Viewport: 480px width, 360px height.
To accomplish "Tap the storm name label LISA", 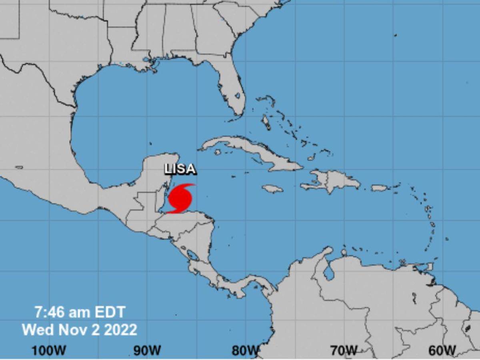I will [x=181, y=169].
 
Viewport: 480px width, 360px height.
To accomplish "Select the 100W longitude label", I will [x=49, y=350].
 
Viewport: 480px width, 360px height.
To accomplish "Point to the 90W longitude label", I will [x=147, y=350].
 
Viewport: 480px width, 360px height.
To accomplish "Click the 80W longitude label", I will [x=245, y=350].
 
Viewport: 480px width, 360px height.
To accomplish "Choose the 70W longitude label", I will [x=344, y=350].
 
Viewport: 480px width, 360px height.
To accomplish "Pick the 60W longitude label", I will [x=442, y=350].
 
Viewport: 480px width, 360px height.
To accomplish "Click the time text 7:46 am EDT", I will [x=80, y=312].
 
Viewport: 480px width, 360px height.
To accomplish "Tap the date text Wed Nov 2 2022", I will [x=80, y=330].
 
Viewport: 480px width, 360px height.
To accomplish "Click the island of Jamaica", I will [x=273, y=188].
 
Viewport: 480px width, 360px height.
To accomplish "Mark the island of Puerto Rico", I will [x=379, y=188].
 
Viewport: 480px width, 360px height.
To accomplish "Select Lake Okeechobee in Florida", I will [x=238, y=96].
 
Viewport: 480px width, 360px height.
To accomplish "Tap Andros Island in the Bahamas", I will [x=266, y=122].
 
